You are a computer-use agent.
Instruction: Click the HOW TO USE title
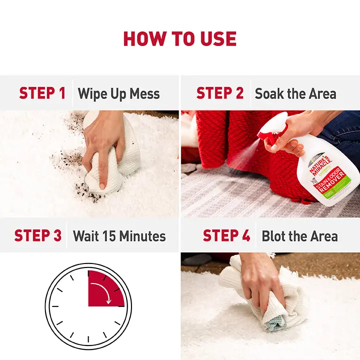tap(180, 39)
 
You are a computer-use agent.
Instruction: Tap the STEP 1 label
tap(42, 93)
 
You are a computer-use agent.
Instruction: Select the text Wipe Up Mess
tap(118, 93)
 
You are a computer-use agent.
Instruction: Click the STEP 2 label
tap(219, 93)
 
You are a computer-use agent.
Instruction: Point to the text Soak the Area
tap(295, 93)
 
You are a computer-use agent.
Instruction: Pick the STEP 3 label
tap(38, 235)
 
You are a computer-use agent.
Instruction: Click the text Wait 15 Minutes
tap(119, 235)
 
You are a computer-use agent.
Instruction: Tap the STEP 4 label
tap(226, 235)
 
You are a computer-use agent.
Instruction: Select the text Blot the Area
tap(299, 235)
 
